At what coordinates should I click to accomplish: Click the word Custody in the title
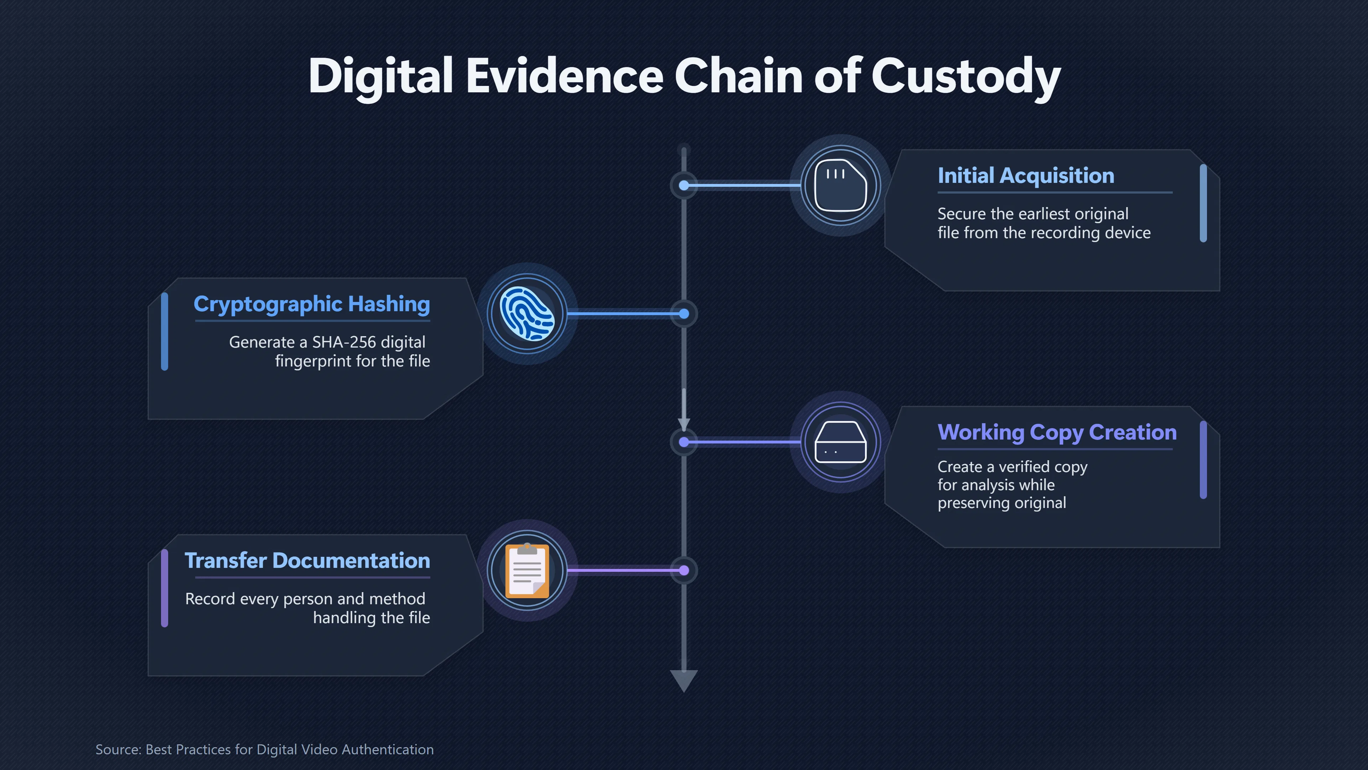point(965,77)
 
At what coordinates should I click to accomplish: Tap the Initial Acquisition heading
point(1026,175)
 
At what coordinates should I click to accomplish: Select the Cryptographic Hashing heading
point(312,304)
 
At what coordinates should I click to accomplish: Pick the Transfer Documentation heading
point(307,561)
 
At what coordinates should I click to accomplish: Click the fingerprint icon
point(527,314)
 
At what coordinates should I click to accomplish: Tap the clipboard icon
point(527,571)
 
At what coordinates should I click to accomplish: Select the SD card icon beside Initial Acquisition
point(841,185)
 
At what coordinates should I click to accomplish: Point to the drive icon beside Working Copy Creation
point(841,442)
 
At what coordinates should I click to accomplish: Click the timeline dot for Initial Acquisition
point(684,185)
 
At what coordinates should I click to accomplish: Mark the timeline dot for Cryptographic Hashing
point(684,314)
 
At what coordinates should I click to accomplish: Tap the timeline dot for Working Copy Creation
point(684,442)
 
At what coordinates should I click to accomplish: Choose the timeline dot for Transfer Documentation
point(684,571)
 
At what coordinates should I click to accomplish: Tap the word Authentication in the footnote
point(388,750)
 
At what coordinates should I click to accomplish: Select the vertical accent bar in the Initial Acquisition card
point(1203,204)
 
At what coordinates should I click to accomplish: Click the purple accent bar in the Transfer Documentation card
point(165,588)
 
